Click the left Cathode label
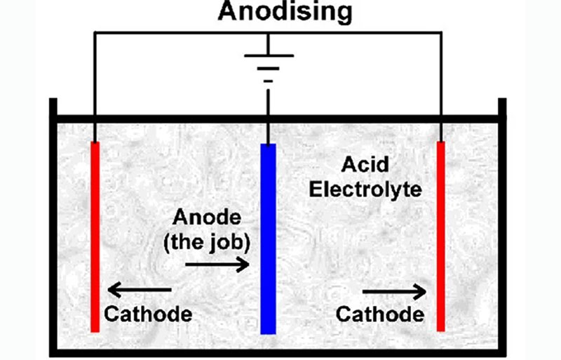point(148,313)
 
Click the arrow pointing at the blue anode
point(217,265)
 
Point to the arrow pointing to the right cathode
point(393,289)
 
